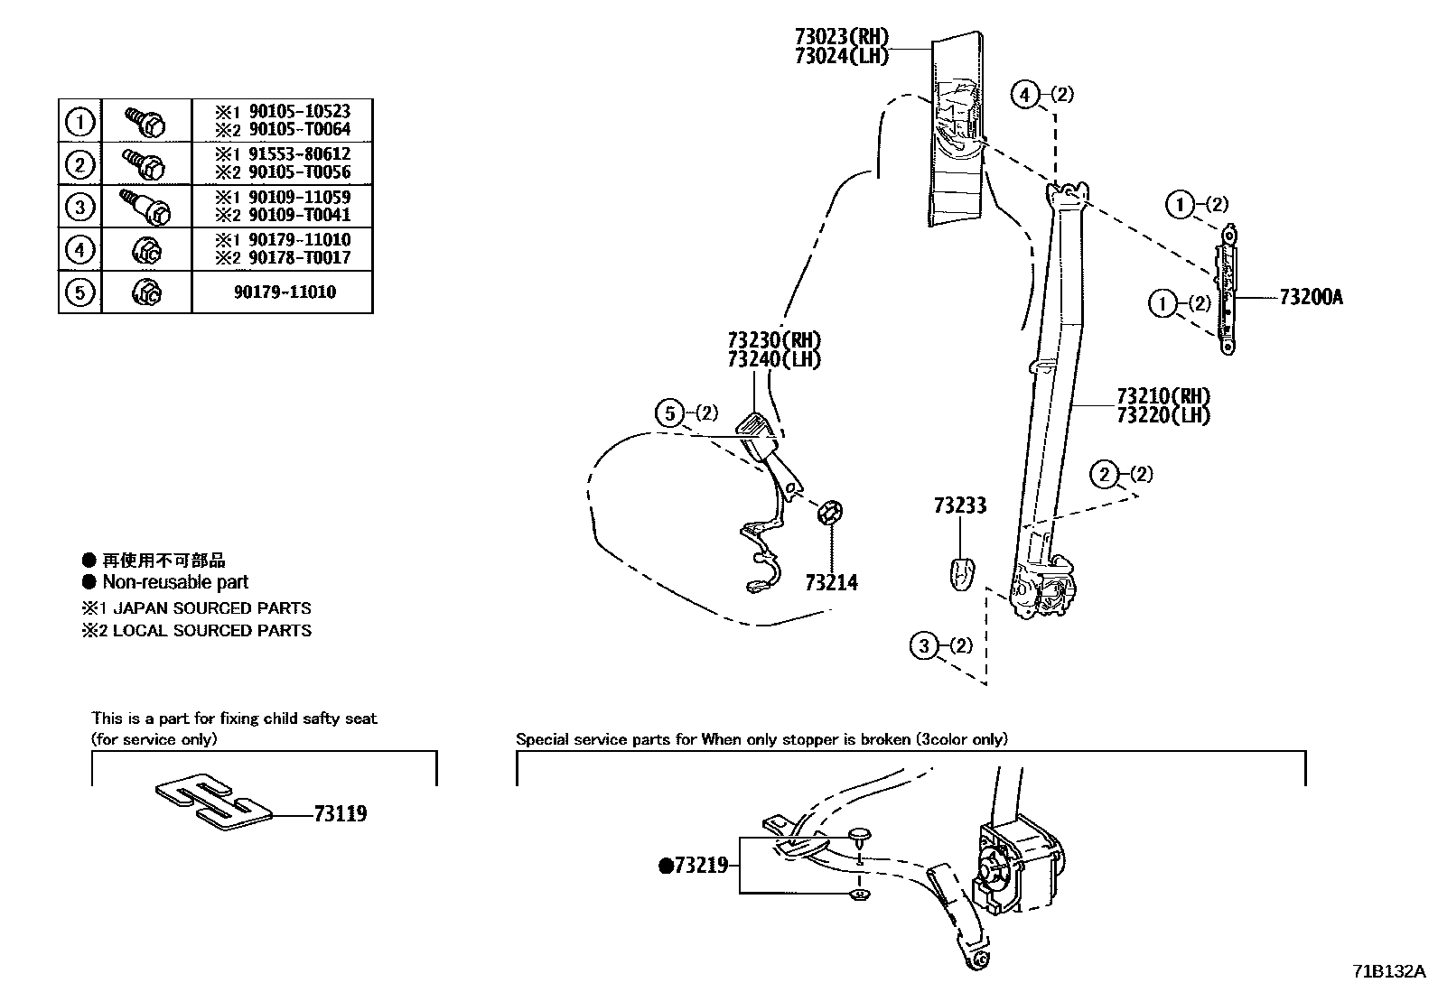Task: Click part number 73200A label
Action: click(x=1311, y=297)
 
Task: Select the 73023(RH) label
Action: click(x=841, y=37)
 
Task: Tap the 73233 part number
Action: click(x=959, y=505)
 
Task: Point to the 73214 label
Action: click(x=831, y=583)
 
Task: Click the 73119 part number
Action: click(x=341, y=813)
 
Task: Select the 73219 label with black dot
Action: click(x=694, y=866)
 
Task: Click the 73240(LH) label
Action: click(x=773, y=359)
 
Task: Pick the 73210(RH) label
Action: click(x=1163, y=395)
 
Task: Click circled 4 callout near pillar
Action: click(x=1024, y=94)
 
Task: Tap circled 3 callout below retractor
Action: click(x=923, y=645)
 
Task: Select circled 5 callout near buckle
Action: click(x=669, y=413)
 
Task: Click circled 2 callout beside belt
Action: click(x=1104, y=474)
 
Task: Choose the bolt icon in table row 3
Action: click(x=146, y=206)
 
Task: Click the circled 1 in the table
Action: click(x=80, y=120)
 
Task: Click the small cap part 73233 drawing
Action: click(x=962, y=571)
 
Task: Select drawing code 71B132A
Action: click(x=1387, y=971)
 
